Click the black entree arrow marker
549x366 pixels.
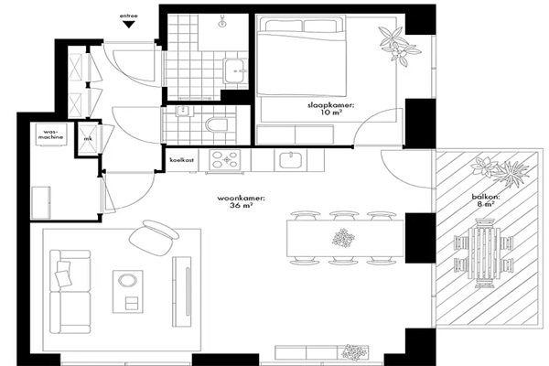pyautogui.click(x=129, y=25)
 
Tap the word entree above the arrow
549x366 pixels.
pyautogui.click(x=128, y=16)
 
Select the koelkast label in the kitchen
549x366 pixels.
pyautogui.click(x=182, y=160)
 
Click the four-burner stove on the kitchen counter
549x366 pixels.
pyautogui.click(x=225, y=160)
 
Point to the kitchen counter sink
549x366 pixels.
pyautogui.click(x=291, y=161)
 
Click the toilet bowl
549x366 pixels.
pyautogui.click(x=216, y=124)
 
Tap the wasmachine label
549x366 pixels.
pyautogui.click(x=50, y=135)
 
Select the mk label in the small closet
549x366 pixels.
pyautogui.click(x=88, y=139)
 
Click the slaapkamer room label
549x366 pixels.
pyautogui.click(x=331, y=109)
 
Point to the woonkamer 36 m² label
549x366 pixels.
pyautogui.click(x=242, y=202)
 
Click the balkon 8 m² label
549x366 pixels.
pyautogui.click(x=486, y=200)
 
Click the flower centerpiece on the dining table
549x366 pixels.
pyautogui.click(x=343, y=238)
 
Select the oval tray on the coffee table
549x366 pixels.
pyautogui.click(x=128, y=281)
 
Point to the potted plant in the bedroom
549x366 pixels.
pyautogui.click(x=399, y=46)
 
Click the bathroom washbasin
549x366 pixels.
pyautogui.click(x=235, y=70)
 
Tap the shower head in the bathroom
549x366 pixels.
pyautogui.click(x=222, y=22)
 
